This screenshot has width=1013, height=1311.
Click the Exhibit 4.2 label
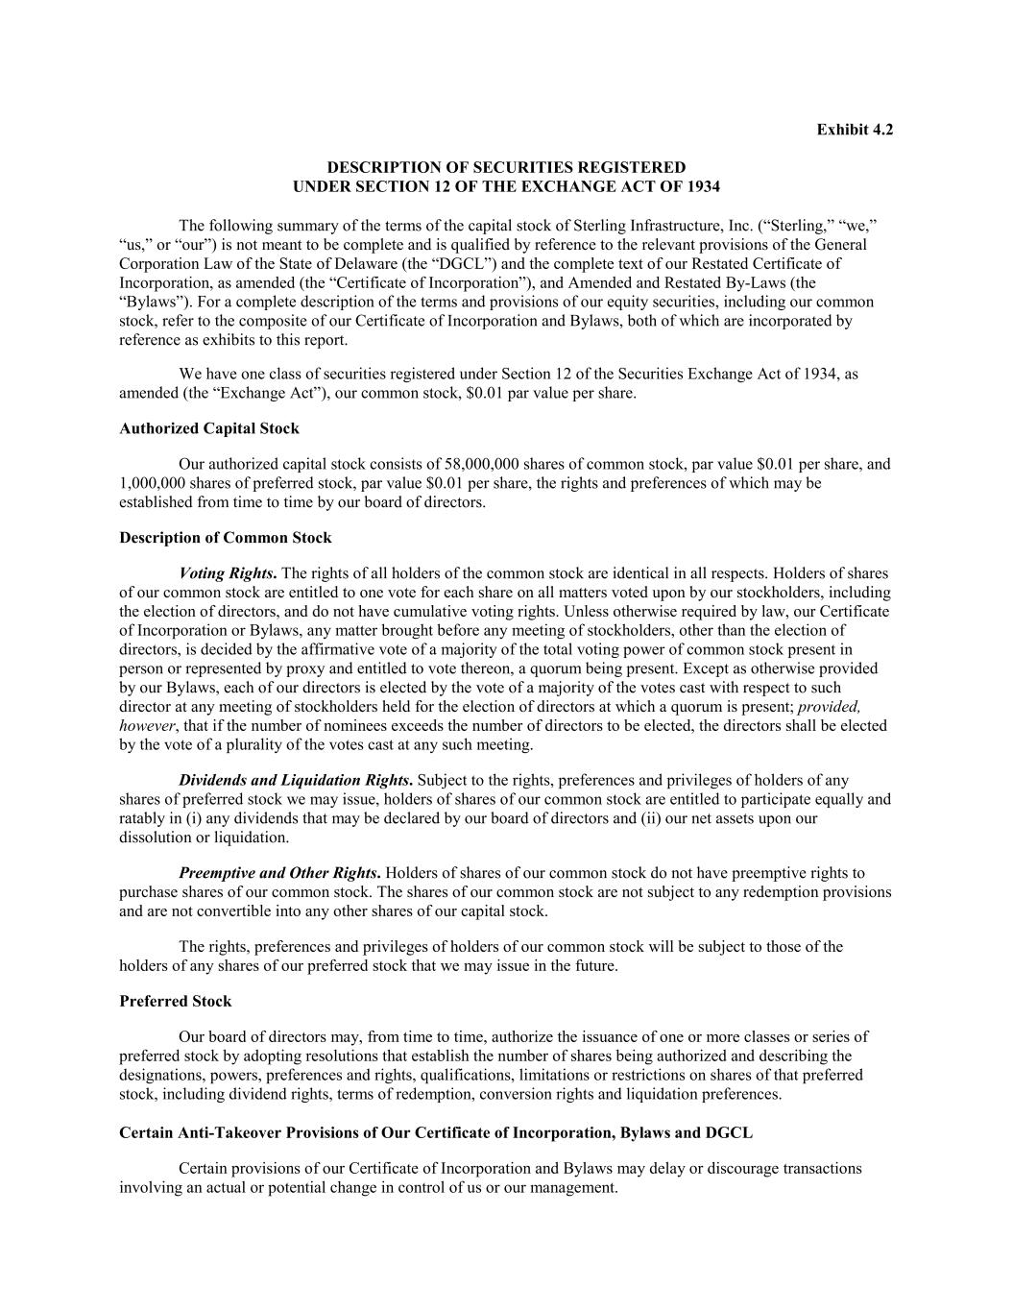[x=855, y=130]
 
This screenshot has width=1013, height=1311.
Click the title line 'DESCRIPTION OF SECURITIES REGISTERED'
[x=506, y=168]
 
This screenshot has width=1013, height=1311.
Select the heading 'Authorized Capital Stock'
[x=208, y=428]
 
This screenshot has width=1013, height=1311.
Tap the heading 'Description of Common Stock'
[x=225, y=538]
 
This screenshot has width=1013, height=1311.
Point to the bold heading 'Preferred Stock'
[x=175, y=1001]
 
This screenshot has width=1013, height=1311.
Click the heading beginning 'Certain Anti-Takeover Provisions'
[x=435, y=1132]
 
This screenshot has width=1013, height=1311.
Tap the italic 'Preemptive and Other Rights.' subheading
[x=279, y=873]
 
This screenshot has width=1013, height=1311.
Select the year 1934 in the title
[x=702, y=186]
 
